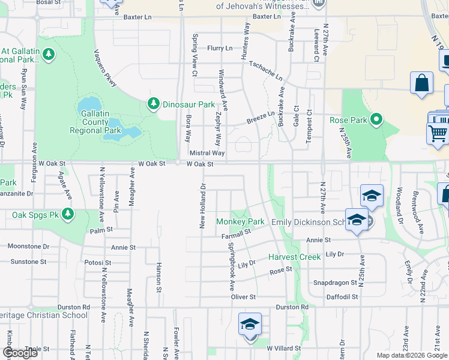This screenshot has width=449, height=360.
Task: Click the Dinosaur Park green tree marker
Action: pyautogui.click(x=154, y=104)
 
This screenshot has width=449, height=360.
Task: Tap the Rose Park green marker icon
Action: pyautogui.click(x=376, y=120)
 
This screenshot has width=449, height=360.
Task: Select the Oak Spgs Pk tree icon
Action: pyautogui.click(x=68, y=214)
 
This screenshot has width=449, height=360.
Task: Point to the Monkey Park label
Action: pyautogui.click(x=240, y=221)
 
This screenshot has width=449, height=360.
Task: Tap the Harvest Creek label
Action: pyautogui.click(x=295, y=257)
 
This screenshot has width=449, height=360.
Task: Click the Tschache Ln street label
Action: pyautogui.click(x=265, y=71)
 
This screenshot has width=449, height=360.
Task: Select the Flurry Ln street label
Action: pyautogui.click(x=219, y=48)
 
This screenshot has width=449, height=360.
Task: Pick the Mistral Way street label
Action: pyautogui.click(x=206, y=153)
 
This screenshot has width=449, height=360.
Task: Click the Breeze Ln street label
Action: pyautogui.click(x=261, y=118)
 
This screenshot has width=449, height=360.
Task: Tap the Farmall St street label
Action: pyautogui.click(x=235, y=233)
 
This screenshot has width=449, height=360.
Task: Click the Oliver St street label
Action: pyautogui.click(x=244, y=296)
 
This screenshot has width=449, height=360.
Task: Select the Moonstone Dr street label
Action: pyautogui.click(x=29, y=246)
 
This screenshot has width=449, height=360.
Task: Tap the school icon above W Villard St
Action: pyautogui.click(x=250, y=325)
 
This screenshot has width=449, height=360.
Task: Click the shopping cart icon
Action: pyautogui.click(x=439, y=133)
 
